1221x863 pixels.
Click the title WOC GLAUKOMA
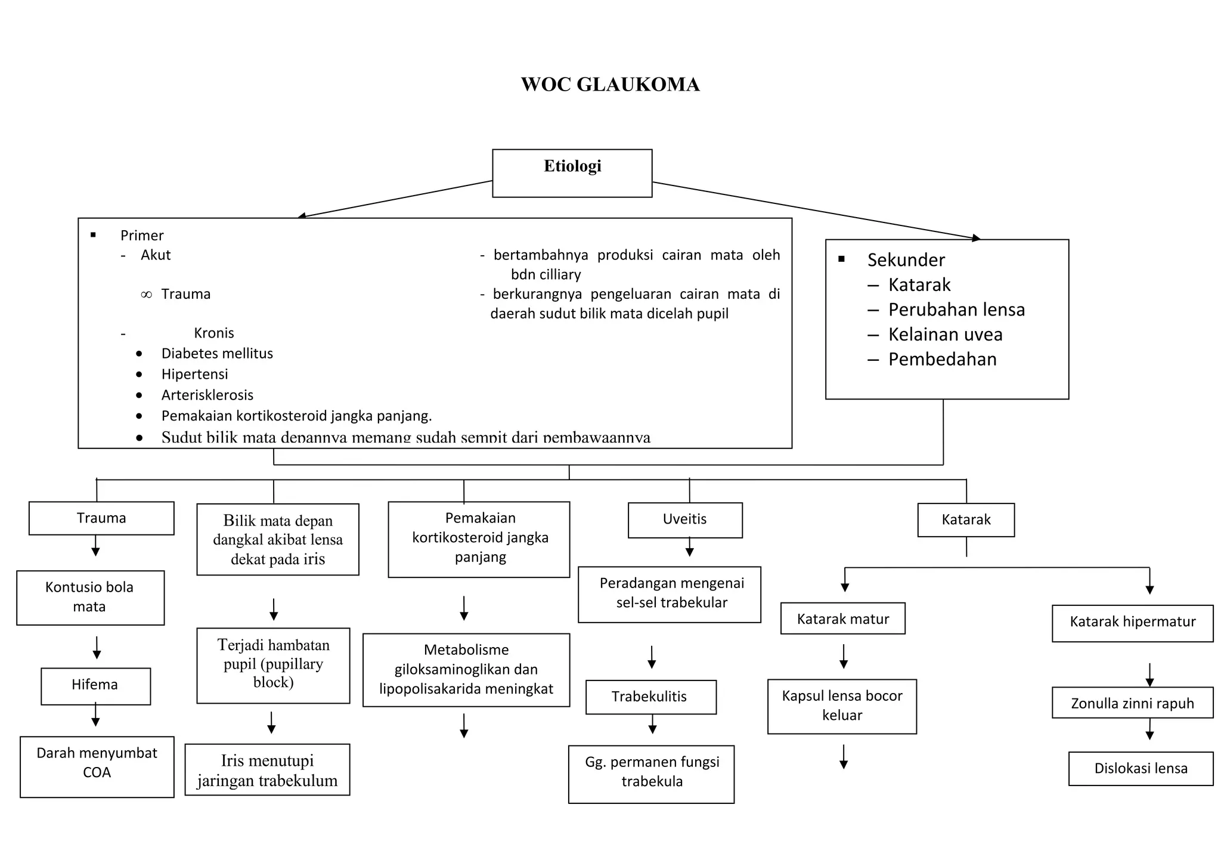610,85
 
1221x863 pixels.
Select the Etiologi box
572,173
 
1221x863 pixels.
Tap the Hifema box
95,686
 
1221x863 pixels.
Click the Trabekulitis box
650,697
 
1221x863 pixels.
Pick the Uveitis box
684,519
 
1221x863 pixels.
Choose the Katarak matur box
842,618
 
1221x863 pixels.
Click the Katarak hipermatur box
1132,623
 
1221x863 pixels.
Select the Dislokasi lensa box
1140,768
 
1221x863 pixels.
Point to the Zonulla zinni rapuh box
1132,703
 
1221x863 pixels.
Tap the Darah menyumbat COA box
97,766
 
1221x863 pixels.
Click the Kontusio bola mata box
90,598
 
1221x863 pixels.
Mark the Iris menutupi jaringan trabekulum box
267,769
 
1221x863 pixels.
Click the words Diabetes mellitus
217,354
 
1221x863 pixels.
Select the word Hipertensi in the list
194,375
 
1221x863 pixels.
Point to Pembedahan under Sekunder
942,360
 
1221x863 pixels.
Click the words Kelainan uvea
945,335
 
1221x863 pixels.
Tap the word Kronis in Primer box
213,333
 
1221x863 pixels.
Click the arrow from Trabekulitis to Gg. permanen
652,724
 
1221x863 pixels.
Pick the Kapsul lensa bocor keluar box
841,706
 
